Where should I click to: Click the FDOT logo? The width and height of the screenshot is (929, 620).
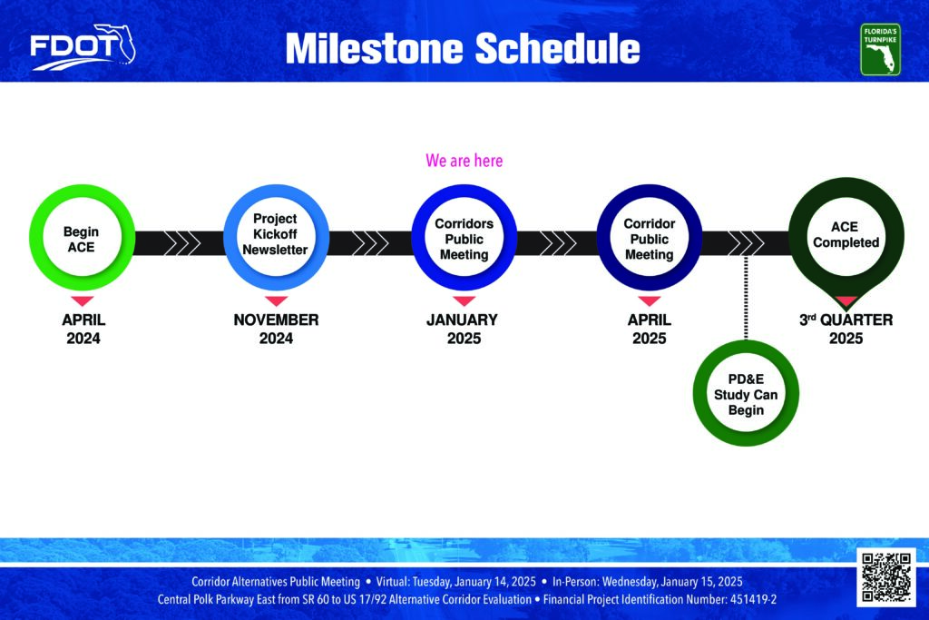point(83,47)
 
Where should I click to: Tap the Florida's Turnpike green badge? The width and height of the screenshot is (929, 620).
point(880,49)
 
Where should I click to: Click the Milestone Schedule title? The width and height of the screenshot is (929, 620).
point(463,48)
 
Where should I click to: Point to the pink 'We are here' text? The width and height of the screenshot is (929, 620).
point(464,161)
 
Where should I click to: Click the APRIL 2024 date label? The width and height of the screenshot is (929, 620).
point(83,329)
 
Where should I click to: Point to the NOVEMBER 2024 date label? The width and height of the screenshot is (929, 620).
point(276,329)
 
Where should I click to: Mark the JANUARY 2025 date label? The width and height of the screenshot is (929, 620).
point(463,329)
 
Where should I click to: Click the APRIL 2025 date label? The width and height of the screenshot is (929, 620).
point(650,329)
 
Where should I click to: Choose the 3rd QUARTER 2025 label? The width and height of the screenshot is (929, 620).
point(846,329)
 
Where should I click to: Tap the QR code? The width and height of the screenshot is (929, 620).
point(886,577)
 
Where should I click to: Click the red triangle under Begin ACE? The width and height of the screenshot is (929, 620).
point(83,300)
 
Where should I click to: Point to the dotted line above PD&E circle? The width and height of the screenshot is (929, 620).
point(746,298)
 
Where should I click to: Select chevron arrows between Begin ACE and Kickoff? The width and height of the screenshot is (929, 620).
point(181,243)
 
